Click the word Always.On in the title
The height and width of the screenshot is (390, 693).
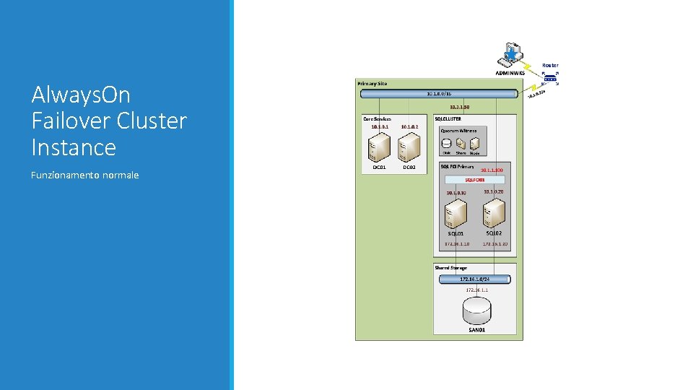80,95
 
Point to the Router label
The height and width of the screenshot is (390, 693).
550,66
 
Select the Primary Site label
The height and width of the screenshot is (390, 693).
372,84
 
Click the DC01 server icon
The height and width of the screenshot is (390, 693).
379,147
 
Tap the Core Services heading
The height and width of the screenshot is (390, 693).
377,119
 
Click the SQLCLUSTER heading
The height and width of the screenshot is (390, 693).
448,119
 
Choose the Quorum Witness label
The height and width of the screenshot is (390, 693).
458,131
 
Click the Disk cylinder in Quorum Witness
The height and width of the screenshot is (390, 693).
447,144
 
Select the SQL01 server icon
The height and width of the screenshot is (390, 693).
456,214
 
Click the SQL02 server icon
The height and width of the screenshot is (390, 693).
494,212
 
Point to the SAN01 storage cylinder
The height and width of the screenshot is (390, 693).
477,311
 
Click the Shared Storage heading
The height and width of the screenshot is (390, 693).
451,268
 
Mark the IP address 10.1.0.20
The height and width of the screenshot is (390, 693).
494,191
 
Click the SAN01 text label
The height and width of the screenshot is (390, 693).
477,330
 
